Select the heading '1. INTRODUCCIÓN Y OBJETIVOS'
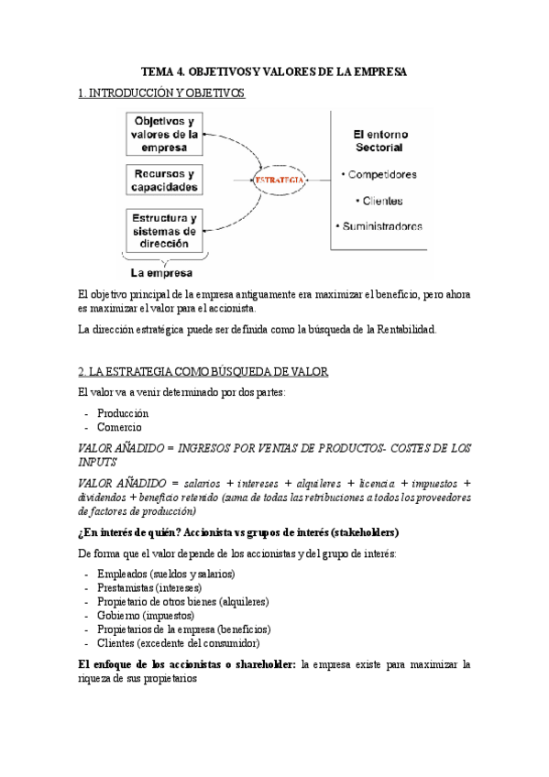(161, 93)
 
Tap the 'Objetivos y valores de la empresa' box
(164, 134)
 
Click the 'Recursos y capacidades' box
(164, 181)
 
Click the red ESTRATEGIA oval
(281, 181)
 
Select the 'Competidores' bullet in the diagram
(378, 174)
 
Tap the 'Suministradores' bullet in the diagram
(379, 225)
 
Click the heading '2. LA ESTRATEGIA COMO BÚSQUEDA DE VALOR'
(198, 370)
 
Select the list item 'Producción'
(123, 413)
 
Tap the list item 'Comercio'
(119, 427)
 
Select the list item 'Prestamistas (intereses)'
(148, 587)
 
